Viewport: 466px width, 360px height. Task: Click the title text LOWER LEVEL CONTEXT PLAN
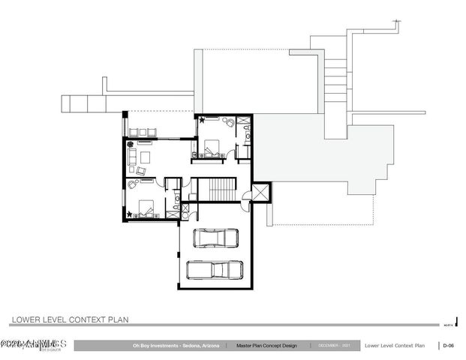[70, 319]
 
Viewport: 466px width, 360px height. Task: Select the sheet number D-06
[448, 346]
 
